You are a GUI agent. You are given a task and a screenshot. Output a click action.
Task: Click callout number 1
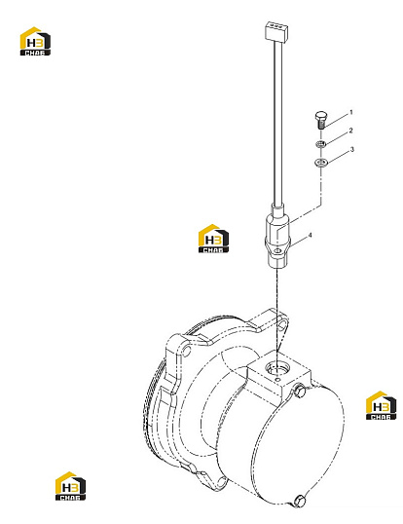coord(350,113)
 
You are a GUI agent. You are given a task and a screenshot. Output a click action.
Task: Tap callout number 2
coord(350,131)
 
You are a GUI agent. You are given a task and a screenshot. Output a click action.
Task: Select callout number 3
coord(351,150)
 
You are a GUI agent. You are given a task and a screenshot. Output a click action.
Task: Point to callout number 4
coord(311,236)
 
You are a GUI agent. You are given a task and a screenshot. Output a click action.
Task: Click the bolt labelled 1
coord(320,121)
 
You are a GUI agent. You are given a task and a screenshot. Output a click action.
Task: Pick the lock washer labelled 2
coord(321,145)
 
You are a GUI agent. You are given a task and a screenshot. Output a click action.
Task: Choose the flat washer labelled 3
coord(321,163)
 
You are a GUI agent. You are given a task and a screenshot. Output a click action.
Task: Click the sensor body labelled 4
coord(277,237)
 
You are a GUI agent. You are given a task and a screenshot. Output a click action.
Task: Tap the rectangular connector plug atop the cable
coord(276,31)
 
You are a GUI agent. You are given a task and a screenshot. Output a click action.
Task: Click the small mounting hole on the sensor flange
coord(276,250)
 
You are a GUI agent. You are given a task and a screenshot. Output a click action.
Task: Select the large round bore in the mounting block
coord(276,369)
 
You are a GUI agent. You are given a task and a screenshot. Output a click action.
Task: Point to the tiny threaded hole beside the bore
coord(277,379)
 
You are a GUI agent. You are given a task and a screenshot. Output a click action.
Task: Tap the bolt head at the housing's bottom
coord(300,501)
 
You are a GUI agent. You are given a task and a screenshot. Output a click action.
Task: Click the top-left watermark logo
coord(35,41)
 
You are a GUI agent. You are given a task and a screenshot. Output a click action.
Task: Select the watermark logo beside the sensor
coord(214,239)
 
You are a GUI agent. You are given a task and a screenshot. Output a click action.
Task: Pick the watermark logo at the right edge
coord(381,405)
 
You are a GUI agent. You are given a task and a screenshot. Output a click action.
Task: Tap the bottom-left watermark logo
coord(70,486)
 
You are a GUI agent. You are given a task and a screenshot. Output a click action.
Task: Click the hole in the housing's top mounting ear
coord(283,324)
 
